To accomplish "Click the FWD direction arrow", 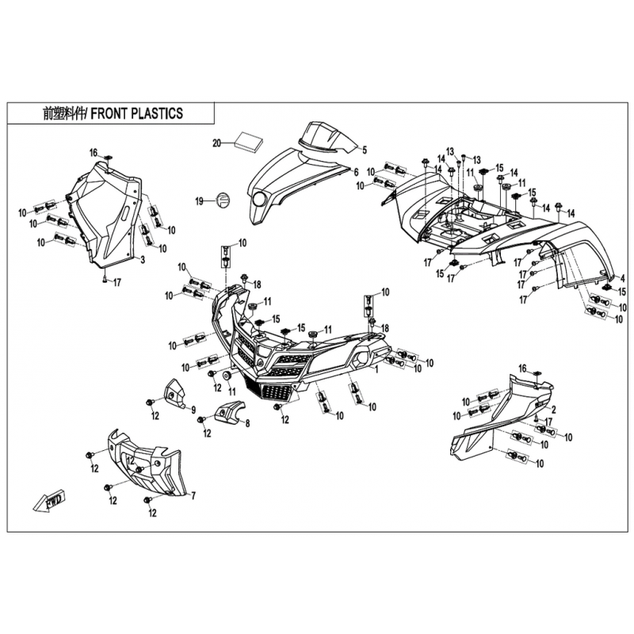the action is click(x=50, y=502).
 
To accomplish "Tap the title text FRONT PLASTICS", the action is click(x=136, y=113).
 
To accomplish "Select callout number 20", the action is click(x=217, y=143).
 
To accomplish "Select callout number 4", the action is click(x=623, y=279).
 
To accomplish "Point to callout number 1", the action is click(x=377, y=369).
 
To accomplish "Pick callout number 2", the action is click(x=553, y=410).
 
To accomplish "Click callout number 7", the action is click(x=193, y=495).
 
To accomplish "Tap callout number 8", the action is click(x=247, y=423).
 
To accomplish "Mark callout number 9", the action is click(x=193, y=410).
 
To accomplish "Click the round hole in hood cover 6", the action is click(x=260, y=200).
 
